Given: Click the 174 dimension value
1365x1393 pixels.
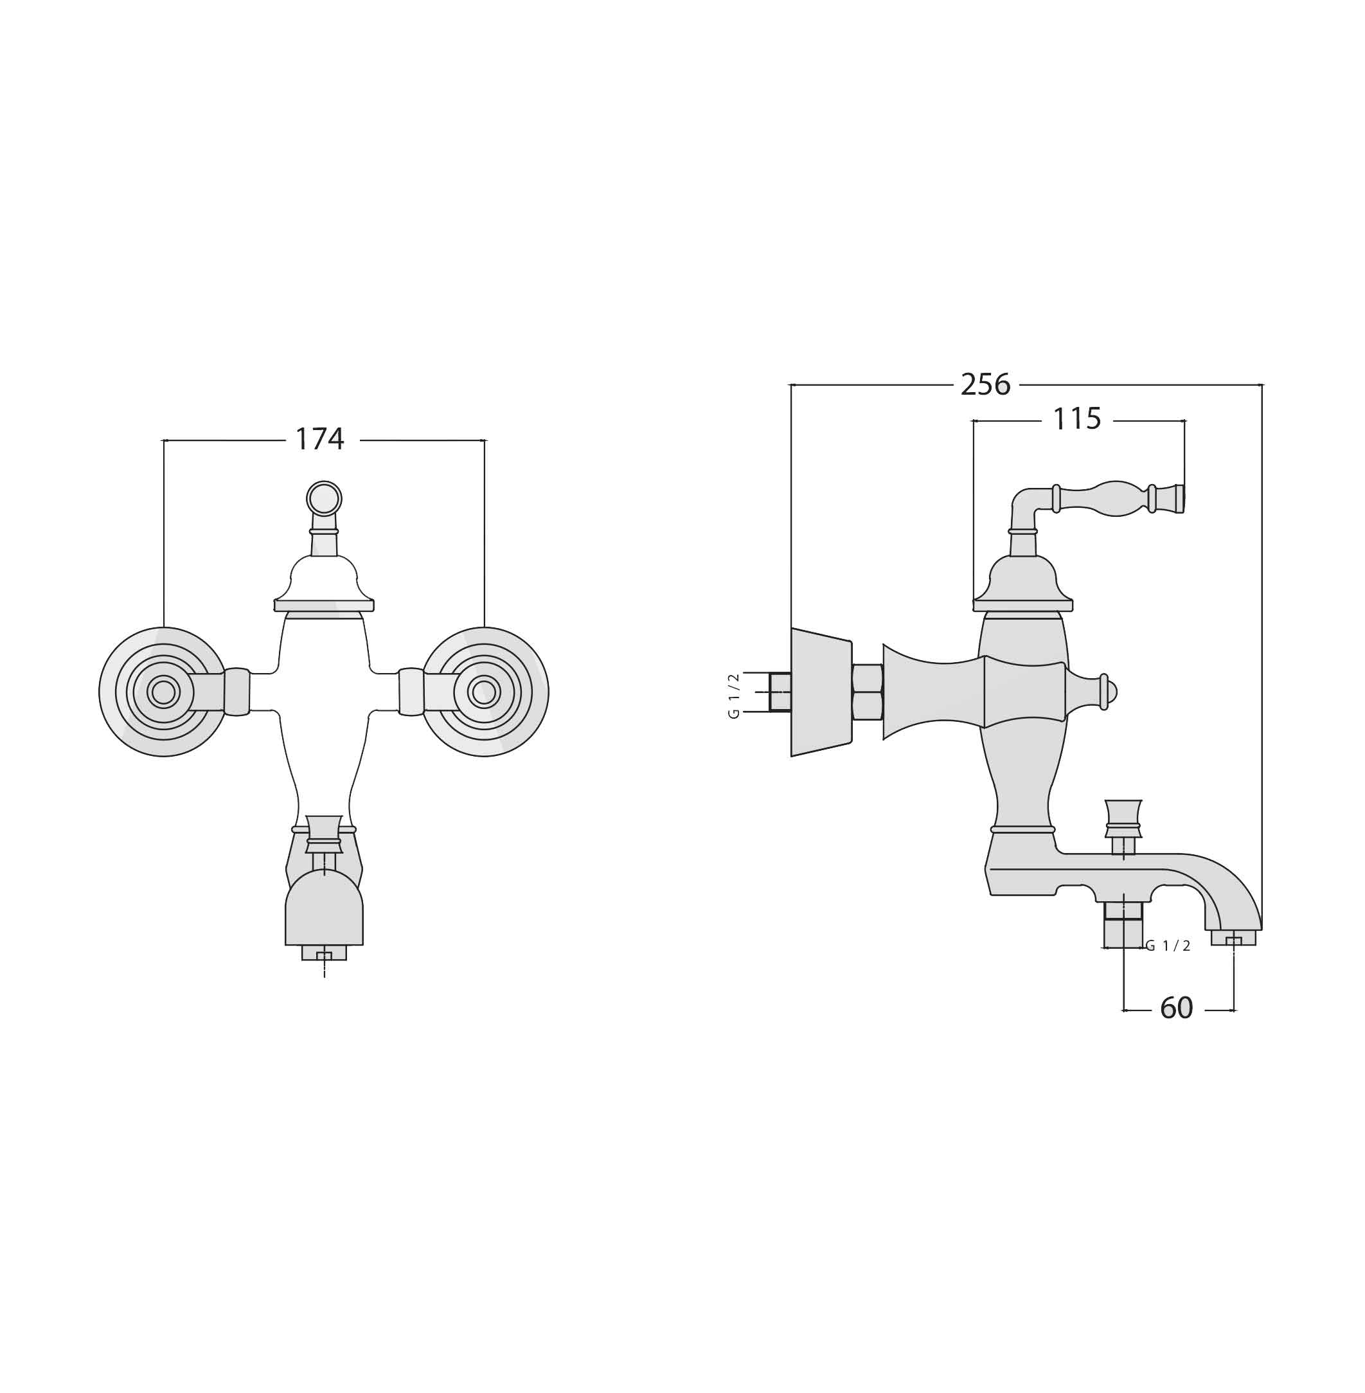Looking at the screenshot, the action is point(320,439).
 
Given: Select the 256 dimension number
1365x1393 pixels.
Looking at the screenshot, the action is point(986,384).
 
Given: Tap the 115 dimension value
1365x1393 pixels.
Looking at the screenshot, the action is point(1077,418).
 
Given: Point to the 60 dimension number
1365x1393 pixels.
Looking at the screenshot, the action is point(1177,1008).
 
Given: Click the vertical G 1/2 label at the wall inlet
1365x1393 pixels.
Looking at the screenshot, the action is point(733,696).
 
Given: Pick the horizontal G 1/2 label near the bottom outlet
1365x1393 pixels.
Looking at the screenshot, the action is point(1168,946).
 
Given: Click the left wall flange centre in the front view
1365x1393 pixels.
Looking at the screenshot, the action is point(163,692).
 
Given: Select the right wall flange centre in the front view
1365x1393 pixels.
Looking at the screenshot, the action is point(484,692).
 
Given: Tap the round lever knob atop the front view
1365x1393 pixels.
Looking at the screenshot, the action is point(324,498).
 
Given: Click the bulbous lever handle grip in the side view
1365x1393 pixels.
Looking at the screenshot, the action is point(1117,498).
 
